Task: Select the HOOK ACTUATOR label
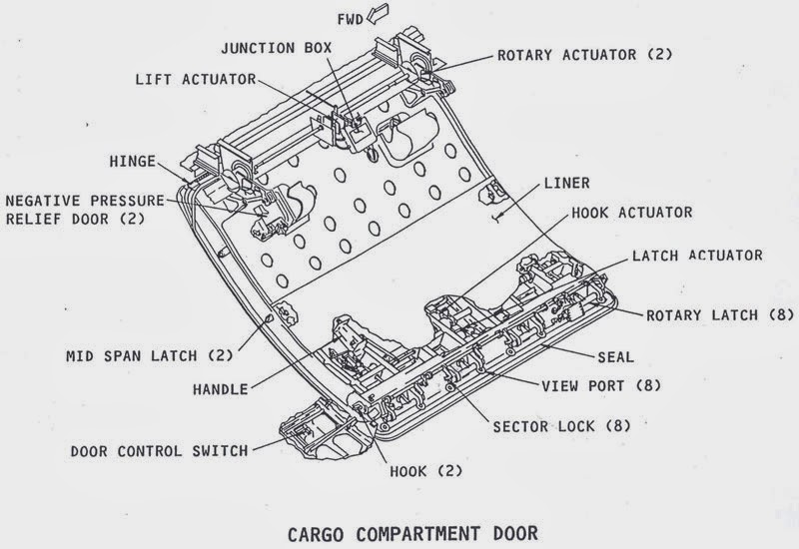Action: (x=631, y=213)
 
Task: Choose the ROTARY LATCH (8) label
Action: (x=719, y=314)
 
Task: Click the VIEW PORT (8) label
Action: (x=599, y=384)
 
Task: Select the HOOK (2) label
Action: (x=424, y=468)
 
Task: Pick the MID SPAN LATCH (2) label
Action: (x=148, y=354)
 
